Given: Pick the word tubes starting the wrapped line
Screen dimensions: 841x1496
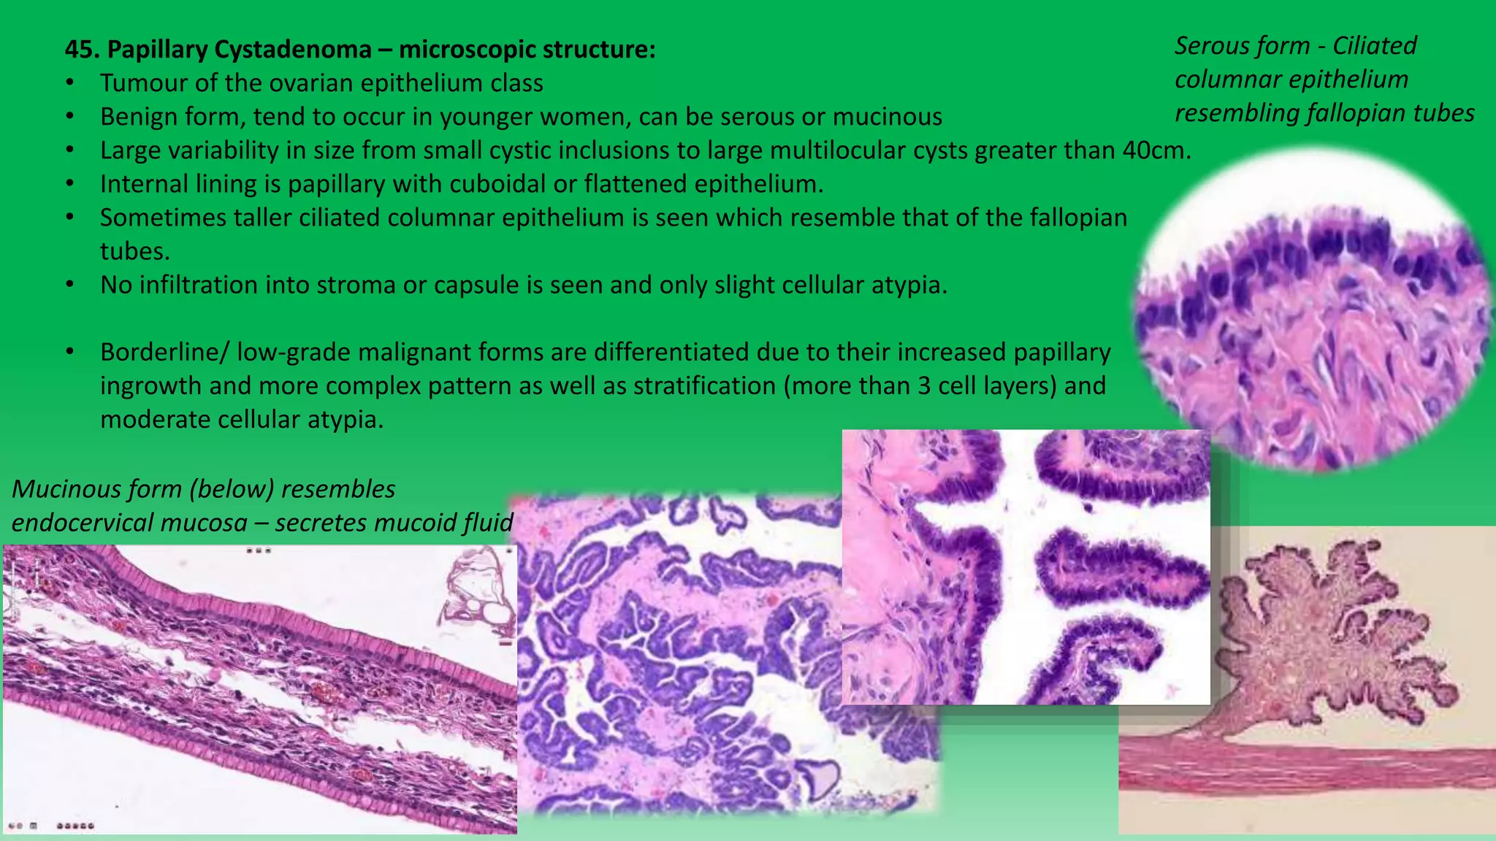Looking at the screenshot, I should pos(134,251).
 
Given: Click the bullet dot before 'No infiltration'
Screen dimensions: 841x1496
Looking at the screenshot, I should pos(69,285).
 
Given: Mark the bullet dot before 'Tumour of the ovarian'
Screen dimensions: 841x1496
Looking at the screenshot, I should pos(69,83).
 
